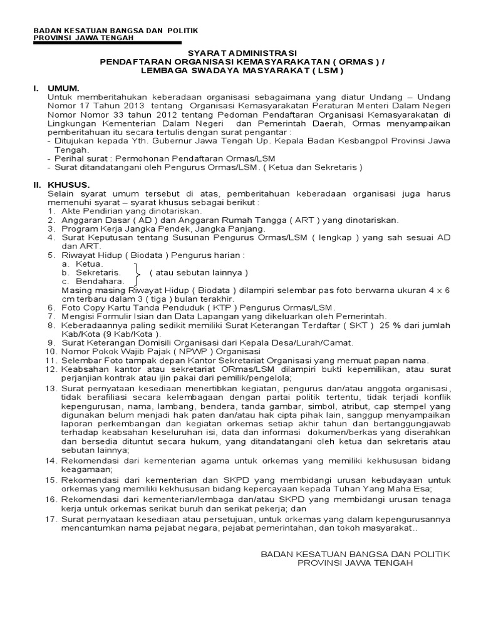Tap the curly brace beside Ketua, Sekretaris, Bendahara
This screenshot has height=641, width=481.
138,273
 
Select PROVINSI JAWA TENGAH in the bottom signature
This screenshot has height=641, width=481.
354,563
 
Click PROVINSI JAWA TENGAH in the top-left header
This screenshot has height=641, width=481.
83,37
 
